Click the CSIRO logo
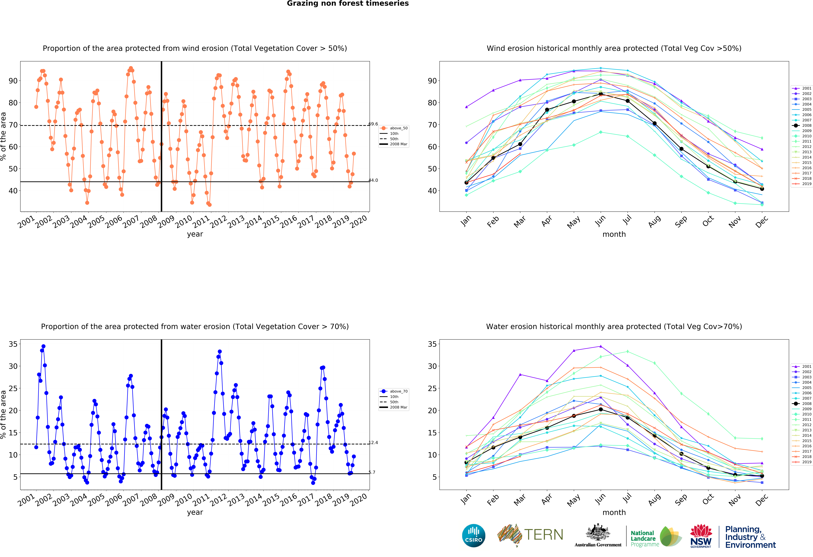point(474,535)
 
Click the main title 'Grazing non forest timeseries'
point(348,3)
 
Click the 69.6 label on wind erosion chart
point(373,124)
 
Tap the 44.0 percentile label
point(373,180)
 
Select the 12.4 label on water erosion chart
point(373,443)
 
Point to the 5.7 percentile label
point(372,472)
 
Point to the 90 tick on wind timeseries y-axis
point(13,81)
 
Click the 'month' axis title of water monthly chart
point(614,512)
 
